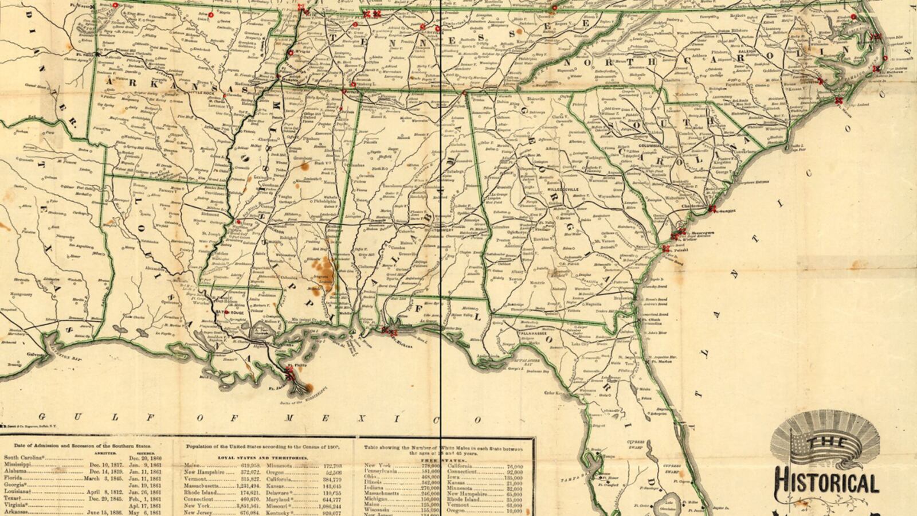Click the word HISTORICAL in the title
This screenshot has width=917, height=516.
coord(826,483)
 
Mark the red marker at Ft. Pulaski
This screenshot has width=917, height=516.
coord(665,248)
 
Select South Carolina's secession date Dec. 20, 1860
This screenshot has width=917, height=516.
coord(145,458)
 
